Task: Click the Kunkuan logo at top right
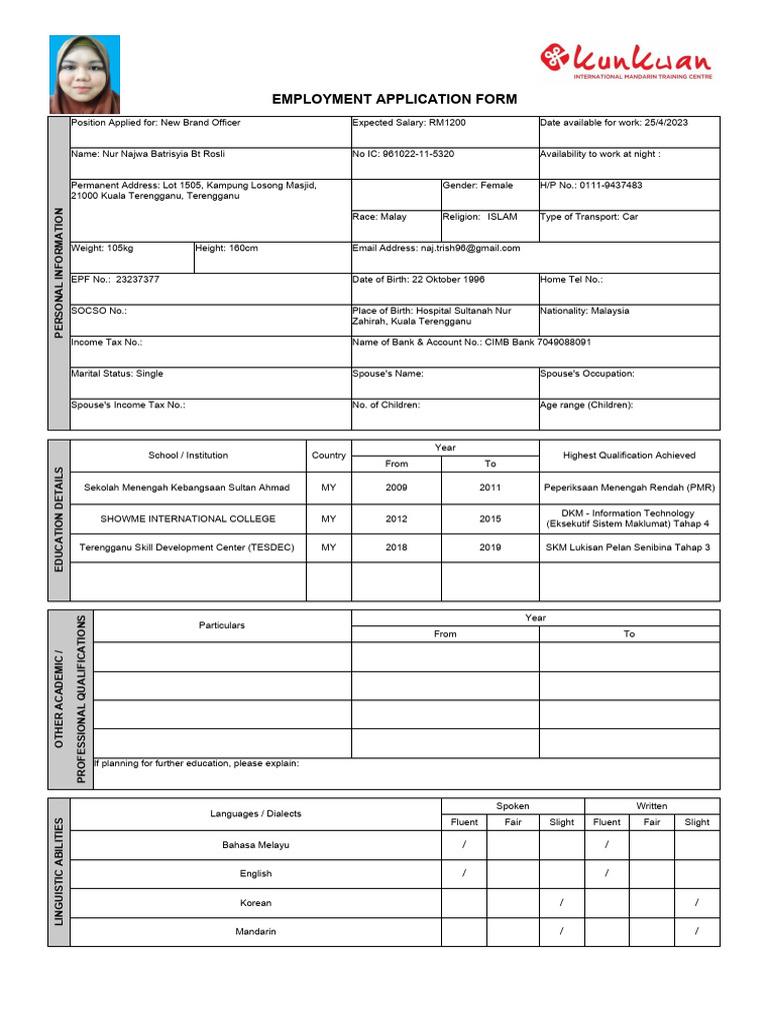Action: coord(626,61)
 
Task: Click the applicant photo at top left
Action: coord(85,75)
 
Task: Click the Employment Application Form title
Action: coord(395,99)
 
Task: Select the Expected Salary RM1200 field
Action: coord(409,123)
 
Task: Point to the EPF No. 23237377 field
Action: coord(116,280)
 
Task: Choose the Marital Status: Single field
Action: coord(118,374)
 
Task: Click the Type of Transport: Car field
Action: coord(589,217)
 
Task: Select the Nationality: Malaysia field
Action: coord(585,311)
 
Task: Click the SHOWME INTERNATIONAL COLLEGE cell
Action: coord(187,519)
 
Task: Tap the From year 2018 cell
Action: coord(396,547)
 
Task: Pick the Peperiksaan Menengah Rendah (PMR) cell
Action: coord(629,488)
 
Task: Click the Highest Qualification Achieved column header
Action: coord(629,456)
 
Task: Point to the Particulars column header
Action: coord(221,625)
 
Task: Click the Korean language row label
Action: coord(255,903)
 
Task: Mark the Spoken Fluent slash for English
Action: coord(464,874)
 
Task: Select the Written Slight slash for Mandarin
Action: coord(697,932)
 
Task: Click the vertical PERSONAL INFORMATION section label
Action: coord(59,273)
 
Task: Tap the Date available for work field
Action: coord(614,123)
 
